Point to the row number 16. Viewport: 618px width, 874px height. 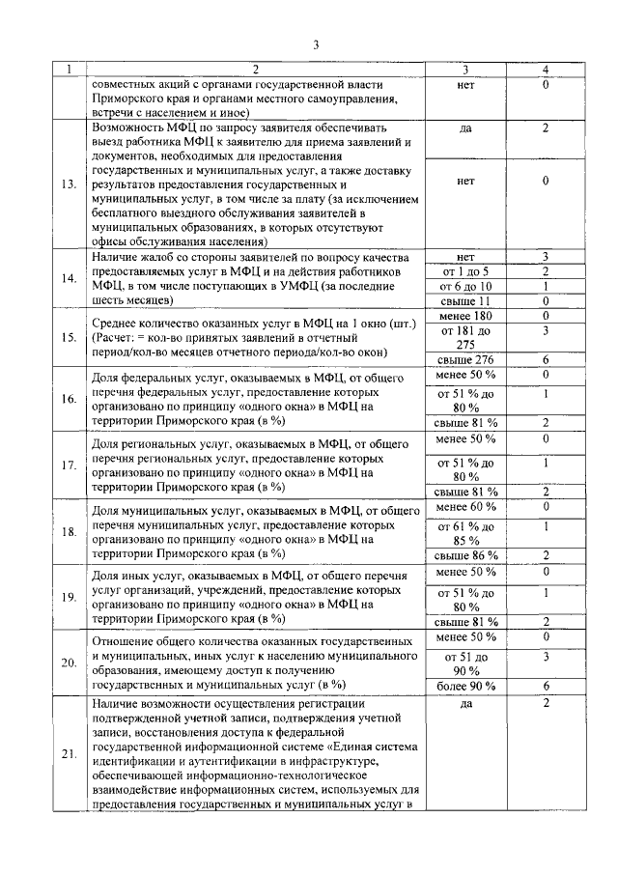click(x=69, y=399)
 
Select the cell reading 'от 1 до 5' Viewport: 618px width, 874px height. click(x=464, y=272)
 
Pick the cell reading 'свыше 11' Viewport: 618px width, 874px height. click(x=465, y=301)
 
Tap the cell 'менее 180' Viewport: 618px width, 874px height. click(x=465, y=316)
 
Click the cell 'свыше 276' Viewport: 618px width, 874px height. click(x=465, y=359)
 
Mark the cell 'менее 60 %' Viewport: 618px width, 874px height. click(x=465, y=506)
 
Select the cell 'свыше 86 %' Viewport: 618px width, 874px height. click(x=465, y=554)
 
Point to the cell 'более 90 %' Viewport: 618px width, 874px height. click(x=465, y=686)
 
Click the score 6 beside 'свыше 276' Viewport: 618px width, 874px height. click(x=546, y=359)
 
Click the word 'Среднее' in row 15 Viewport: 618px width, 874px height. click(x=121, y=323)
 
